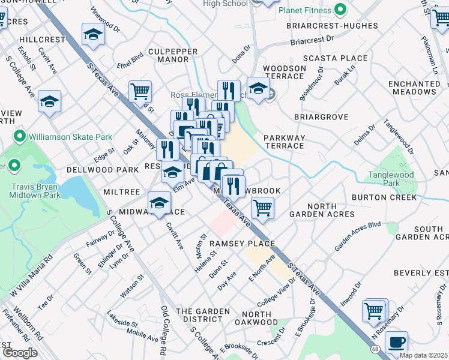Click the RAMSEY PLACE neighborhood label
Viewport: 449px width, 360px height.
click(x=242, y=244)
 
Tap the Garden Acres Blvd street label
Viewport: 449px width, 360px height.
click(x=358, y=236)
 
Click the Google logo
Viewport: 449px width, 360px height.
click(x=20, y=352)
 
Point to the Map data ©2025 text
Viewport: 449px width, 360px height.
click(x=423, y=355)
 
